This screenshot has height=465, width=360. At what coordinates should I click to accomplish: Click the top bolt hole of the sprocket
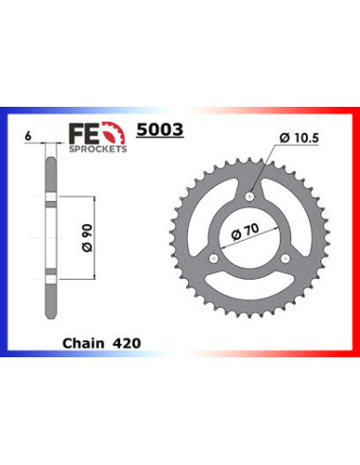click(x=250, y=197)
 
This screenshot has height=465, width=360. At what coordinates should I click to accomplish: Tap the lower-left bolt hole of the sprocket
click(x=215, y=257)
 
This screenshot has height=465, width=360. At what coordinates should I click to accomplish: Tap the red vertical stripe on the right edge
click(x=355, y=236)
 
